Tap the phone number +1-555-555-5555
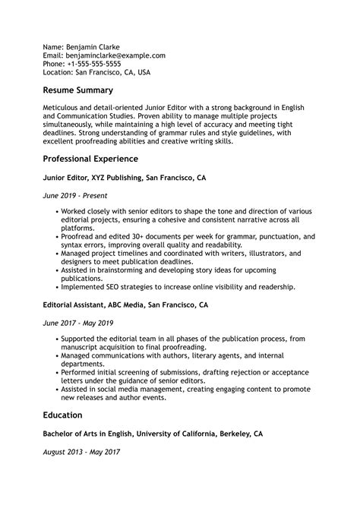tap(97, 65)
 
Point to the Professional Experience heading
tap(90, 159)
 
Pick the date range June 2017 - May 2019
tap(77, 321)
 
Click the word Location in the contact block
tap(58, 74)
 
